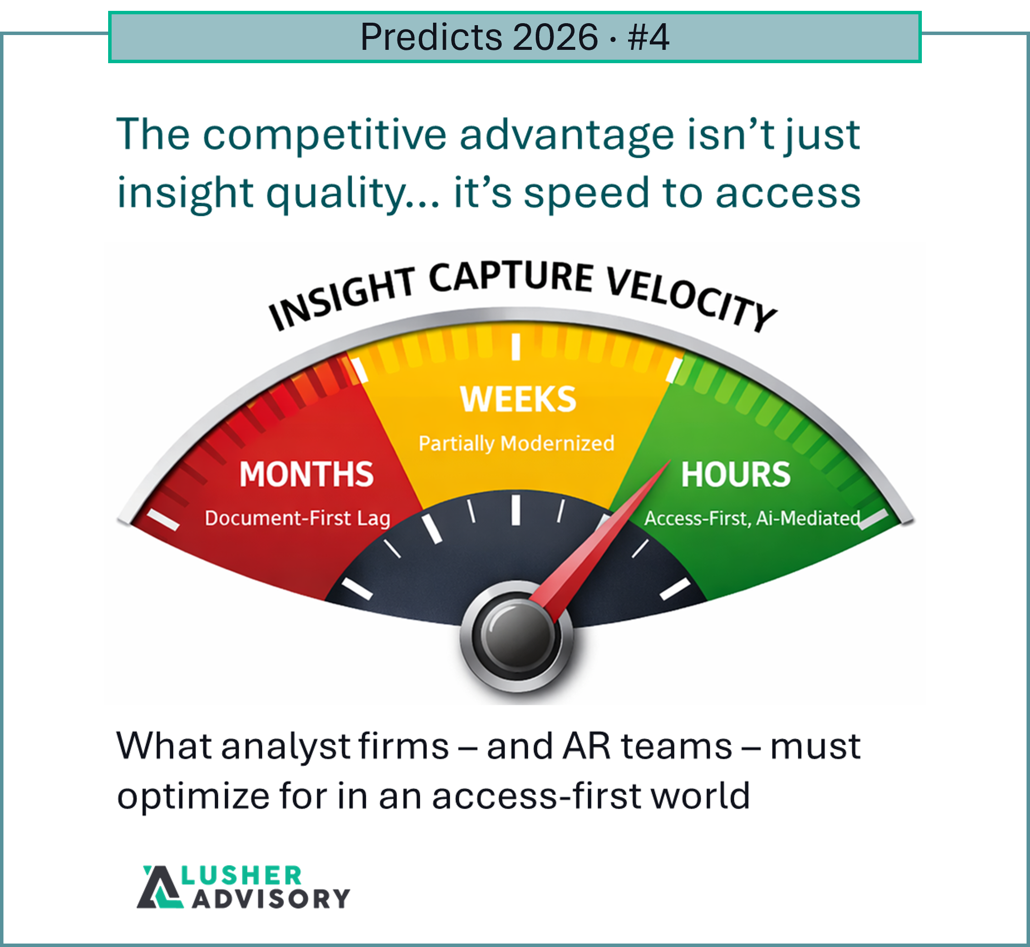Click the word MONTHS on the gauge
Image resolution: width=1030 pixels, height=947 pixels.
click(x=306, y=474)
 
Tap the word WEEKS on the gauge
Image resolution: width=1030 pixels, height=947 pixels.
click(x=518, y=399)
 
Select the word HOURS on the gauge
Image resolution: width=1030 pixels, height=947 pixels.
click(x=735, y=475)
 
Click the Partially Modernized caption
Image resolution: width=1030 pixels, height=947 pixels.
click(x=516, y=443)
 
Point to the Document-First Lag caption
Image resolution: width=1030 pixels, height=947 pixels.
click(x=297, y=518)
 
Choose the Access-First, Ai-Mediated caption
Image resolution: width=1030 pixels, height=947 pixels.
click(x=752, y=519)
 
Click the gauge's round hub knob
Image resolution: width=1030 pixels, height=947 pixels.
click(x=516, y=636)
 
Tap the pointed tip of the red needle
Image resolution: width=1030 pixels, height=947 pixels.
click(x=670, y=461)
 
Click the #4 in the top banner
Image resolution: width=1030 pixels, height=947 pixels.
click(x=648, y=38)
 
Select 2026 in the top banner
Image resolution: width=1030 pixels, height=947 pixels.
click(x=555, y=38)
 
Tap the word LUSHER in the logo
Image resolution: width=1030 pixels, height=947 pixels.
click(x=241, y=876)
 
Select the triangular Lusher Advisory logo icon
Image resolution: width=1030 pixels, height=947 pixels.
click(x=159, y=887)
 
